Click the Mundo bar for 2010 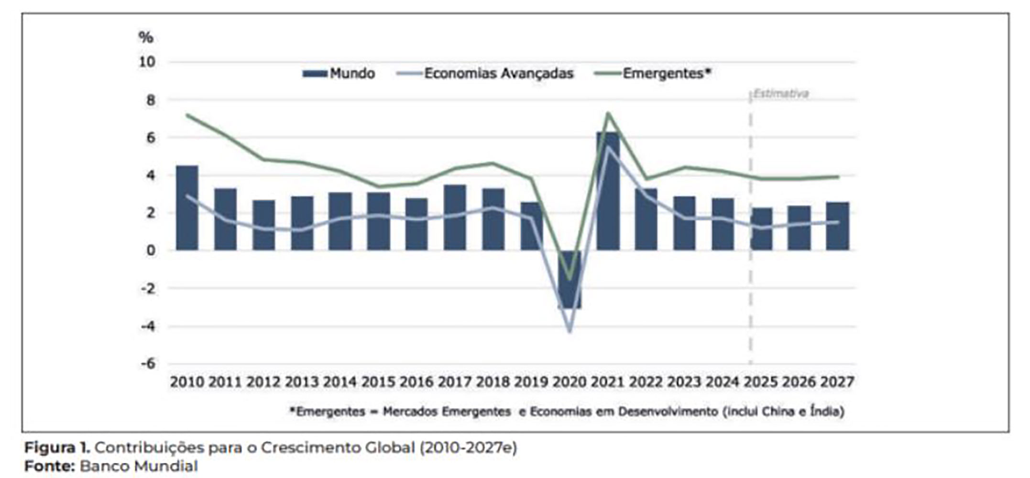[x=187, y=208]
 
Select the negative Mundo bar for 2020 [x=570, y=280]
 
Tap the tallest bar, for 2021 [x=608, y=191]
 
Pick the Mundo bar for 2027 [x=837, y=226]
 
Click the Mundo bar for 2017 [x=455, y=217]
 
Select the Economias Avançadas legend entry [x=485, y=74]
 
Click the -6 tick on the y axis [x=148, y=364]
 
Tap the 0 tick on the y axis [x=151, y=250]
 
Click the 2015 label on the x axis [x=378, y=382]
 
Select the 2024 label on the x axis [x=723, y=382]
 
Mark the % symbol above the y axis [x=145, y=37]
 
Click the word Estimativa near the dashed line [x=781, y=94]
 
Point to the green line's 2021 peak [x=608, y=113]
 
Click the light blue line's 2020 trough [x=570, y=331]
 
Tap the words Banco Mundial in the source [x=139, y=466]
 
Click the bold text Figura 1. [x=57, y=448]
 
